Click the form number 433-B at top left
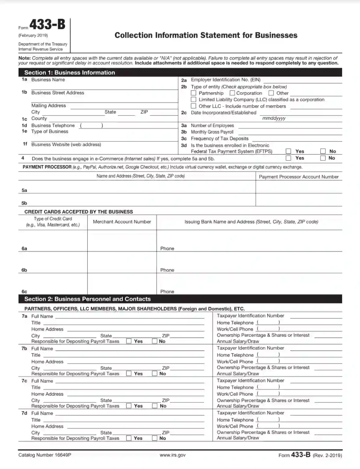pyautogui.click(x=47, y=24)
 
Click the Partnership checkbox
pyautogui.click(x=193, y=93)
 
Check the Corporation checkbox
pyautogui.click(x=232, y=93)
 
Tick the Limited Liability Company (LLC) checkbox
pyautogui.click(x=193, y=100)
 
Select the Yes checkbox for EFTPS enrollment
pyautogui.click(x=288, y=151)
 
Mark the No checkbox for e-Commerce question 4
pyautogui.click(x=323, y=158)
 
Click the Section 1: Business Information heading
pyautogui.click(x=70, y=72)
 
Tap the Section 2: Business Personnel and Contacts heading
pyautogui.click(x=87, y=299)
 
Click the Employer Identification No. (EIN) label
pyautogui.click(x=226, y=80)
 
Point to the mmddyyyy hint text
pyautogui.click(x=274, y=118)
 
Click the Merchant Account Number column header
pyautogui.click(x=122, y=222)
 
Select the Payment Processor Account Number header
pyautogui.click(x=299, y=177)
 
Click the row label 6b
pyautogui.click(x=24, y=270)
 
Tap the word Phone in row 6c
pyautogui.click(x=167, y=291)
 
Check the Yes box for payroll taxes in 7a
pyautogui.click(x=129, y=341)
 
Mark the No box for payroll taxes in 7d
pyautogui.click(x=155, y=438)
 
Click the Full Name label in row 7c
pyautogui.click(x=42, y=381)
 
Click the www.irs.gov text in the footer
pyautogui.click(x=172, y=455)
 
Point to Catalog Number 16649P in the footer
pyautogui.click(x=45, y=455)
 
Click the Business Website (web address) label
pyautogui.click(x=66, y=145)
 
